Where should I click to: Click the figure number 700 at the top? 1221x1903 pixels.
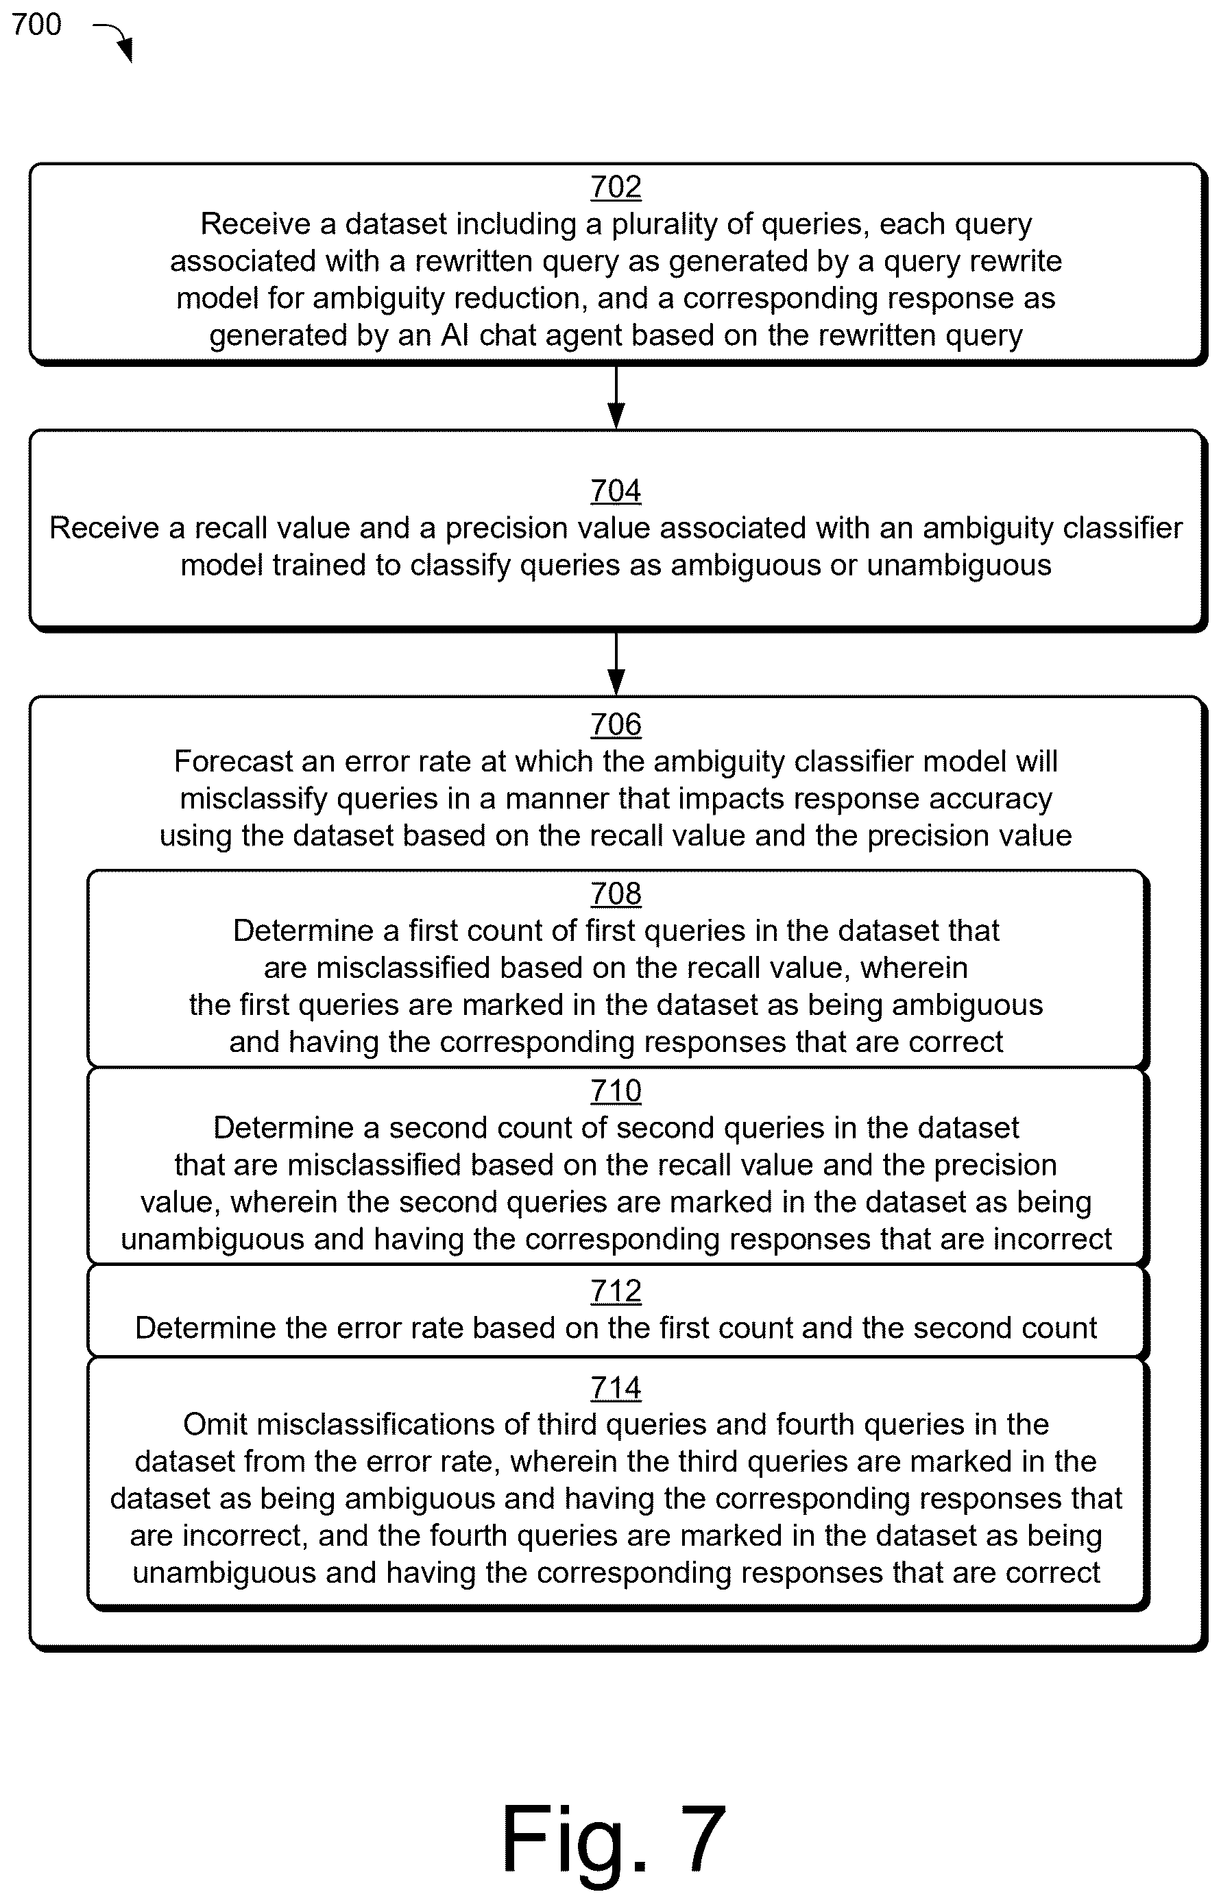(36, 25)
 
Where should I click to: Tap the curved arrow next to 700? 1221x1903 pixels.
(116, 40)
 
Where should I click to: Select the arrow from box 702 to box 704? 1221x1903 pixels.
(616, 396)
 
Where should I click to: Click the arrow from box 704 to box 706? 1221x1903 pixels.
(616, 664)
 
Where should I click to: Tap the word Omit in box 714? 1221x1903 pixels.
(215, 1425)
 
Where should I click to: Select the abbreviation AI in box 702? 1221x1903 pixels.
(455, 335)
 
